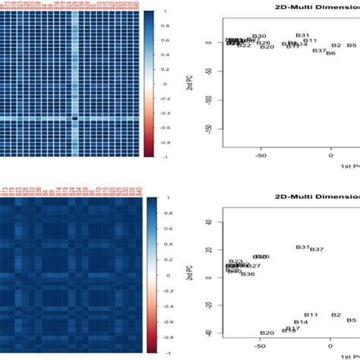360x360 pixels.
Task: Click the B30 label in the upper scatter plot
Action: tap(260, 36)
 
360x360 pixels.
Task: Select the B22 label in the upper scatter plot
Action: tap(244, 46)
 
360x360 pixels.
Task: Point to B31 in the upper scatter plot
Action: tap(303, 36)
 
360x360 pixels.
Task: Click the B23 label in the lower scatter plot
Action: tap(235, 261)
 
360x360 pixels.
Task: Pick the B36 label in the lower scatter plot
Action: tap(248, 273)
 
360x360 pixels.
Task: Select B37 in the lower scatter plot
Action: tap(317, 250)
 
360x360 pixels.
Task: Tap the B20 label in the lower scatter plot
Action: tap(267, 333)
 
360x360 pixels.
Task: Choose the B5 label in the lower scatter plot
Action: tap(352, 321)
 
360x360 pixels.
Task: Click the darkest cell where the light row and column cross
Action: tap(75, 118)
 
